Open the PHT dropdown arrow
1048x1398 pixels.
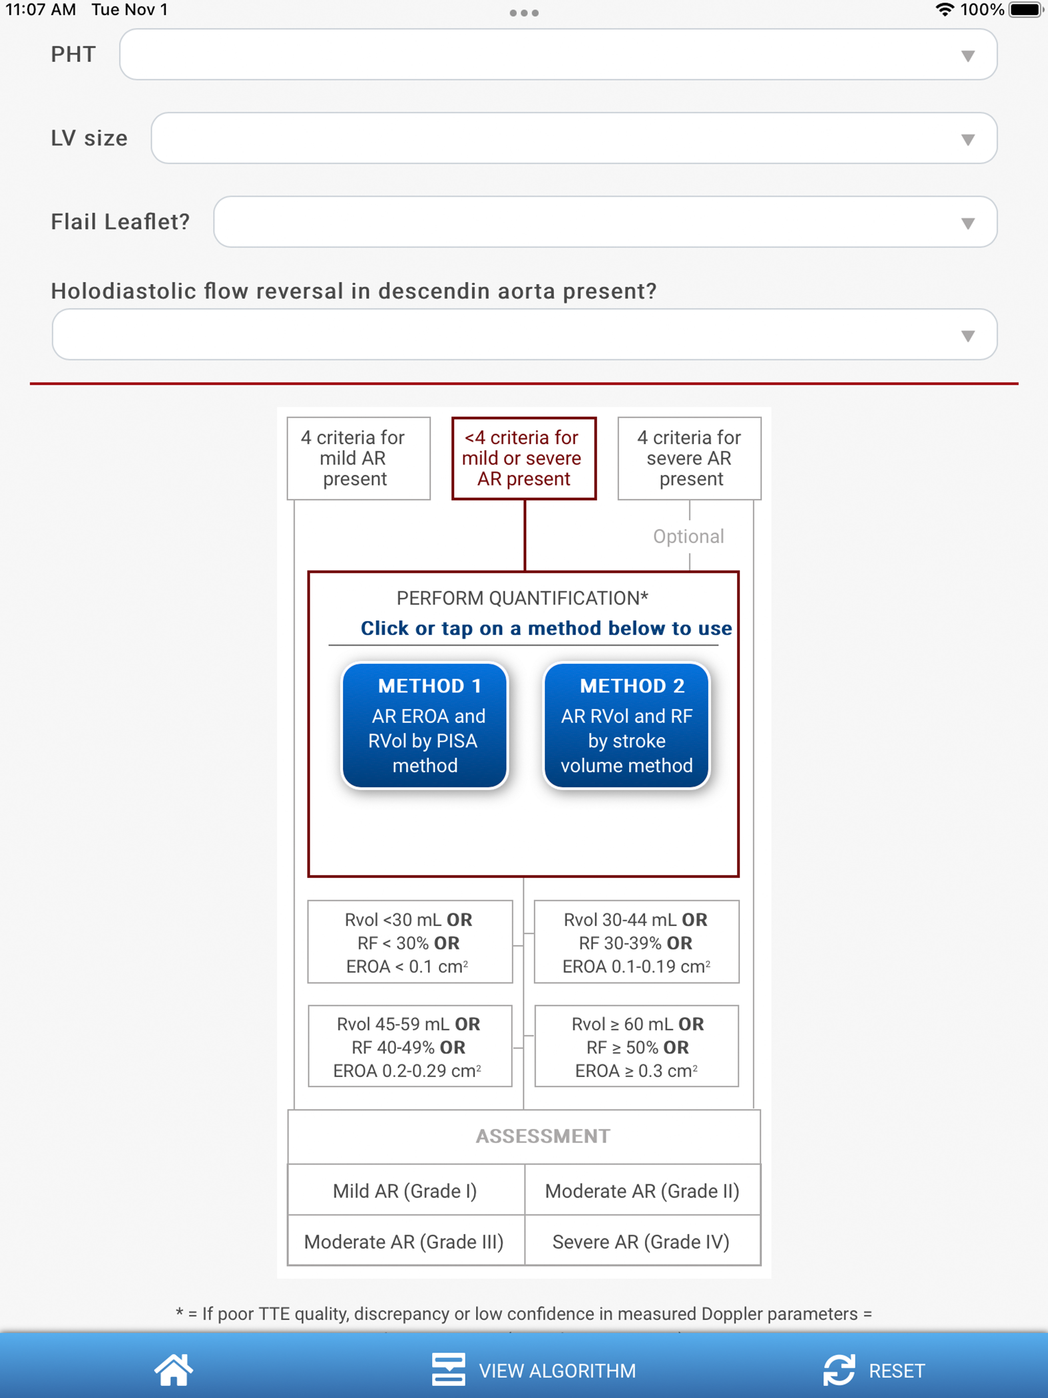click(x=967, y=56)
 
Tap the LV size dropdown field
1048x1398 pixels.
click(x=574, y=138)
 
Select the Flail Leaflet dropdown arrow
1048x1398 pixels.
click(x=967, y=223)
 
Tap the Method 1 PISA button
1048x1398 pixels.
click(x=425, y=726)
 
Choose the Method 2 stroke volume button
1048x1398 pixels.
click(x=626, y=726)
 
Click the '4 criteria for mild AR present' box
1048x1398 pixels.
click(x=358, y=458)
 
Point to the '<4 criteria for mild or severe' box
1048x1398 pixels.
click(x=524, y=458)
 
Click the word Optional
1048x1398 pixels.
click(x=688, y=537)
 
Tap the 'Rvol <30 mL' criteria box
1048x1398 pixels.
click(x=409, y=942)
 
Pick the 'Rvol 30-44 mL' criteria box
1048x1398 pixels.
click(x=637, y=942)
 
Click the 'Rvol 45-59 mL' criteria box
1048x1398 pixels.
click(x=409, y=1046)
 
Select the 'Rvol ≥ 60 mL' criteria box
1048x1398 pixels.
click(x=637, y=1046)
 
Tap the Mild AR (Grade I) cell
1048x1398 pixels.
click(x=406, y=1190)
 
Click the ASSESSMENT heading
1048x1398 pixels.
click(x=543, y=1135)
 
